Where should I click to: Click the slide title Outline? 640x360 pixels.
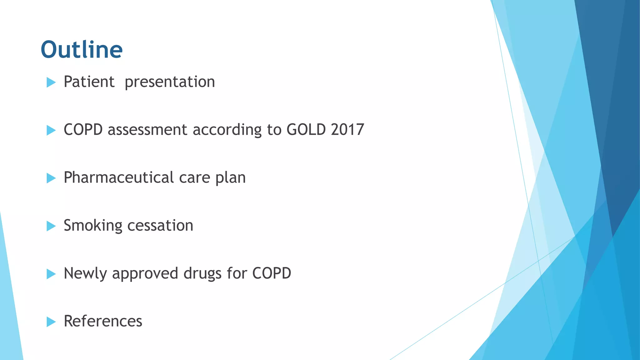coord(82,50)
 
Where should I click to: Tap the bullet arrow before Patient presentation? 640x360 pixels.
coord(51,82)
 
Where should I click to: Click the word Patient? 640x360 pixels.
coord(89,82)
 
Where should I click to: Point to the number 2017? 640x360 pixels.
coord(347,130)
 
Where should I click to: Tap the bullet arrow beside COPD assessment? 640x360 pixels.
coord(51,130)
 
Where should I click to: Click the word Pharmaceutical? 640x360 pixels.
coord(118,177)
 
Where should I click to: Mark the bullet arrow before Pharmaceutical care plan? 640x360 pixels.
coord(51,178)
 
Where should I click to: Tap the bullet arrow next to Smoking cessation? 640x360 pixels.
coord(51,226)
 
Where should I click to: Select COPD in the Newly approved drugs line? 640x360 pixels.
coord(272,273)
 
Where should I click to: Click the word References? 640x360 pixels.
coord(103,321)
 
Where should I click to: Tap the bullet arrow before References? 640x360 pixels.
coord(51,322)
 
